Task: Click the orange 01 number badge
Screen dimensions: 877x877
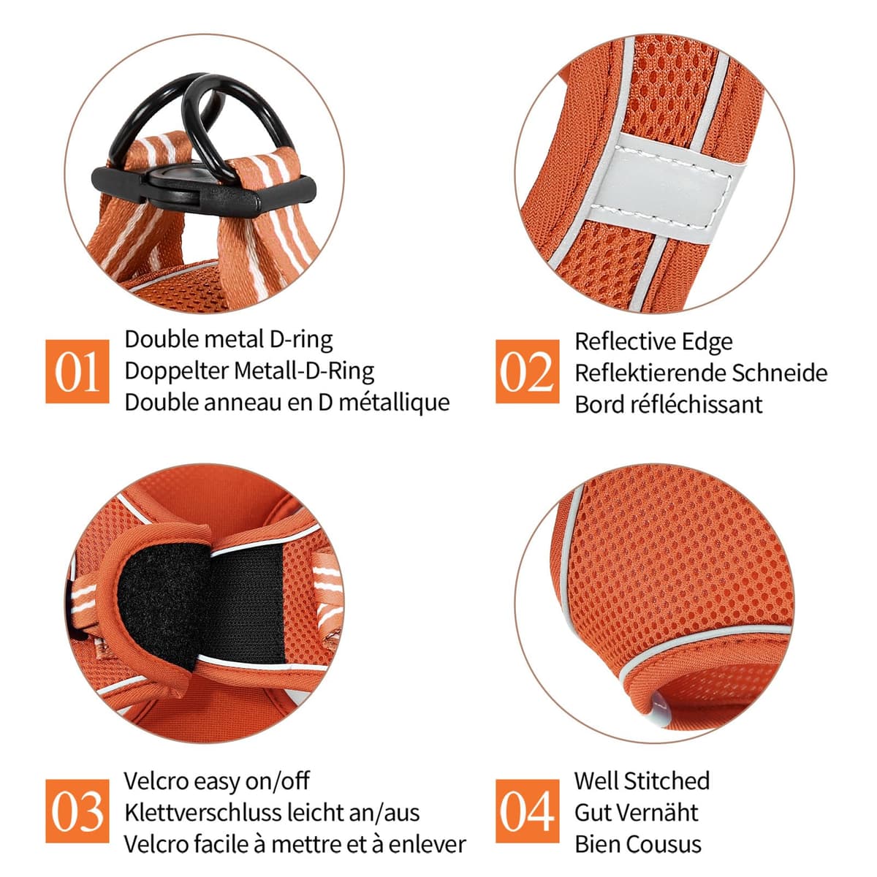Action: click(77, 371)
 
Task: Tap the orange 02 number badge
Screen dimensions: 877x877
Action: click(528, 371)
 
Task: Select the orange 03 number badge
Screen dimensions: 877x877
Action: click(77, 811)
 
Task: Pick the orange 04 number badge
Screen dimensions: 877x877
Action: click(528, 811)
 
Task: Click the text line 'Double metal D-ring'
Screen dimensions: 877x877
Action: click(229, 341)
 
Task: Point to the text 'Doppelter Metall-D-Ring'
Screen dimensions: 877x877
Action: click(249, 371)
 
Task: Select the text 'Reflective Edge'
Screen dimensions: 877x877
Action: click(653, 342)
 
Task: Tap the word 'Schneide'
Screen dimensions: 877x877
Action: click(780, 373)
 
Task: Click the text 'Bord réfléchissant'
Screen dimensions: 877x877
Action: click(668, 404)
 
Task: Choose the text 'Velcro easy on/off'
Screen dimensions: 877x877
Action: click(216, 781)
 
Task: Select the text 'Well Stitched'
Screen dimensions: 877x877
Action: click(642, 781)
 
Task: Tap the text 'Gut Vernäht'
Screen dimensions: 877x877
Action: click(637, 813)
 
